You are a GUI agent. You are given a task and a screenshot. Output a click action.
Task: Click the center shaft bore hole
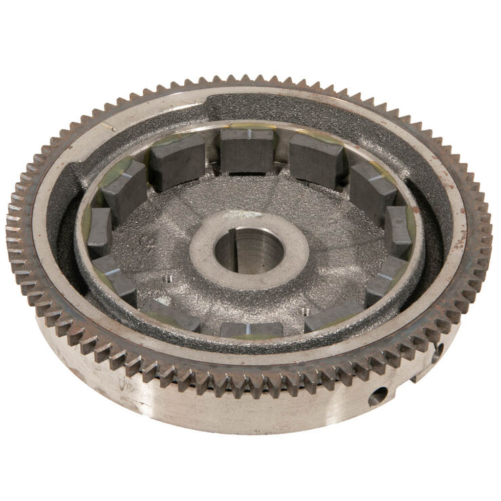250,251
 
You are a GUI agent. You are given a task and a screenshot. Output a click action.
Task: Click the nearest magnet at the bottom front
251,330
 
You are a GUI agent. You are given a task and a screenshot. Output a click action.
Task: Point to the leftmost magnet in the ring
100,231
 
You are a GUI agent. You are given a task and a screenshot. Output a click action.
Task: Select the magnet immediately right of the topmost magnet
315,160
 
